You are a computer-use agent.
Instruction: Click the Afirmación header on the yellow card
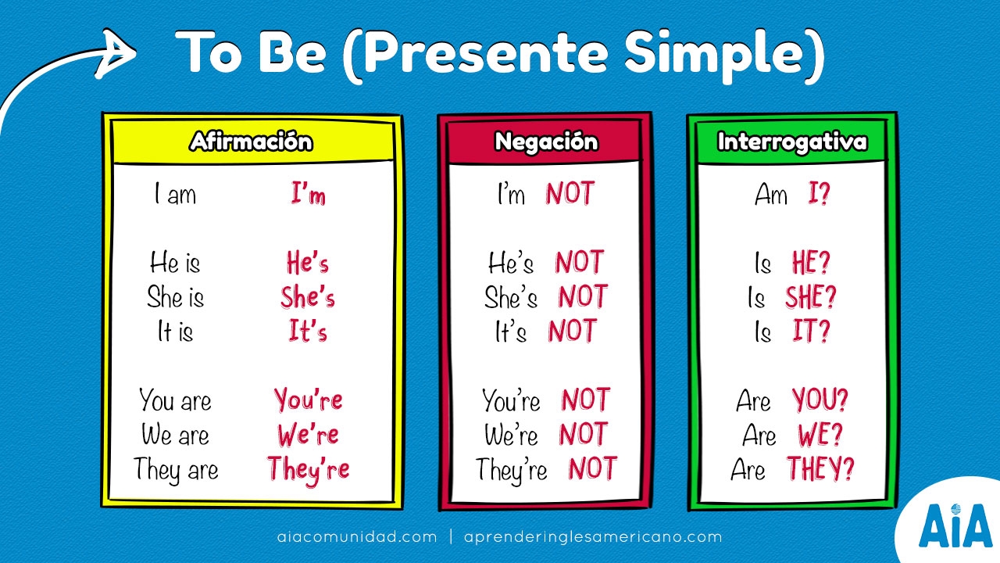[x=251, y=142]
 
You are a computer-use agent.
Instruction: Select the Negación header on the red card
[x=546, y=142]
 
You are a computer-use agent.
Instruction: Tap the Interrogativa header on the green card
[x=791, y=142]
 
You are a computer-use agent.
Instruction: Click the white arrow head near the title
[x=117, y=53]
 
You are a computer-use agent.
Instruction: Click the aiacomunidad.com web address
[x=357, y=537]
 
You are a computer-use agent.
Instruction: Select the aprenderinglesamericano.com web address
[x=592, y=537]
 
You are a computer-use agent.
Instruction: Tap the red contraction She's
[x=308, y=298]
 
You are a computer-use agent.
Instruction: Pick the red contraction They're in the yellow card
[x=309, y=469]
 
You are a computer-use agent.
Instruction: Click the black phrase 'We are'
[x=175, y=434]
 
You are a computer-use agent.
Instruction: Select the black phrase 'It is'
[x=175, y=332]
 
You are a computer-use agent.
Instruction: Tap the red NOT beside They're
[x=591, y=469]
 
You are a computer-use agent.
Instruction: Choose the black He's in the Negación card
[x=511, y=264]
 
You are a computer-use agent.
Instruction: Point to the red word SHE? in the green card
[x=811, y=298]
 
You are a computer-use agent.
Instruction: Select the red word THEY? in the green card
[x=820, y=469]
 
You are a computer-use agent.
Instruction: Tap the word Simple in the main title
[x=718, y=52]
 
